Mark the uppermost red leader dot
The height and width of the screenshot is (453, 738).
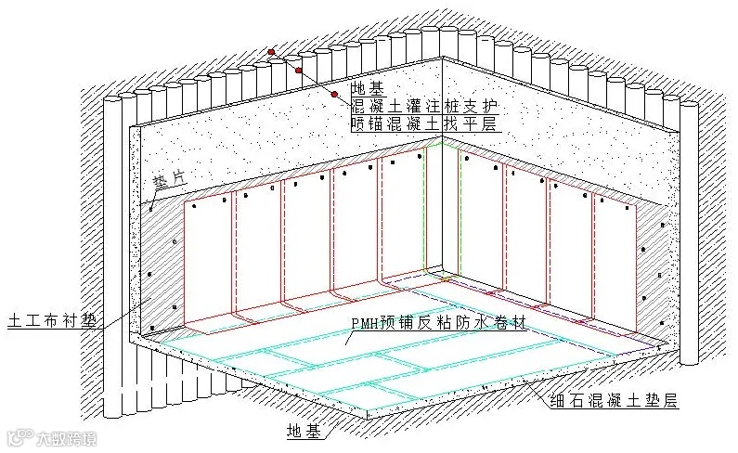pyautogui.click(x=271, y=52)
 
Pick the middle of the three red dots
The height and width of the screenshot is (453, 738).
pyautogui.click(x=299, y=71)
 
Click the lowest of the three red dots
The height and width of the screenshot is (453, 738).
pyautogui.click(x=333, y=95)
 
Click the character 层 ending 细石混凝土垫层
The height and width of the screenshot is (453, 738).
pyautogui.click(x=668, y=403)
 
